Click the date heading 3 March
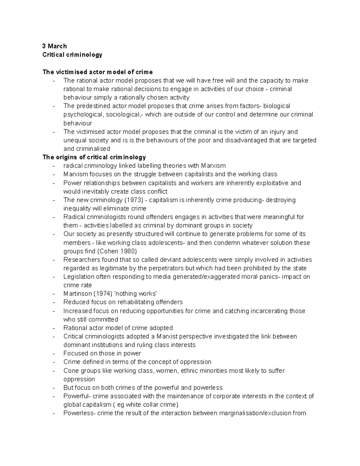coord(54,46)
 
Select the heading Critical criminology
coord(72,55)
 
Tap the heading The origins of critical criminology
coord(94,157)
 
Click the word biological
coord(277,106)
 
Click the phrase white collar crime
coord(151,404)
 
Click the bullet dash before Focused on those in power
coord(54,353)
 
